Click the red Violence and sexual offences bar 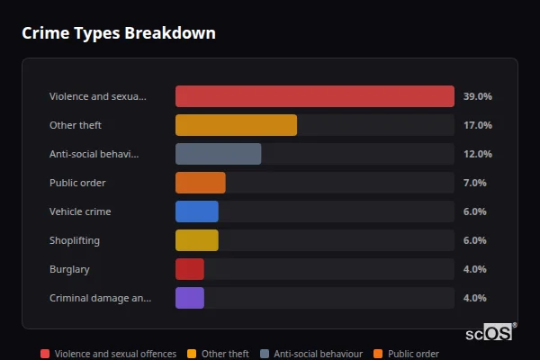(315, 96)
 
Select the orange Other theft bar (236, 125)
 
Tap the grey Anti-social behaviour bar (218, 154)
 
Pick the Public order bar (200, 183)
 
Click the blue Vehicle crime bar (196, 211)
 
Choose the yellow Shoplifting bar (196, 240)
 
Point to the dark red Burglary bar (189, 269)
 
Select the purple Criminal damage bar (189, 298)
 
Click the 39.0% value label (477, 96)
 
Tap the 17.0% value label (477, 125)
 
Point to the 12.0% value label (477, 154)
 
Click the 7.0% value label (474, 183)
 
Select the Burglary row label (69, 269)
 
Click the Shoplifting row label (74, 240)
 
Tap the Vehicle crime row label (80, 211)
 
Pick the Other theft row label (76, 125)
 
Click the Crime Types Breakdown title (118, 33)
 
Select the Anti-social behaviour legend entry (311, 354)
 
